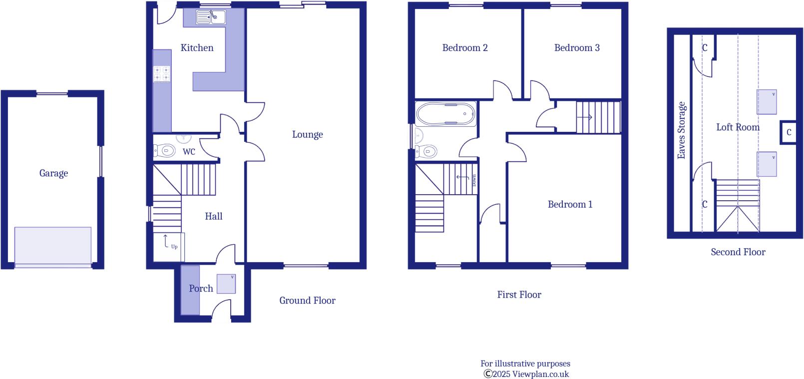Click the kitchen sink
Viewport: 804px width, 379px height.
[x=210, y=18]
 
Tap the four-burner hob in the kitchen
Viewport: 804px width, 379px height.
[x=161, y=74]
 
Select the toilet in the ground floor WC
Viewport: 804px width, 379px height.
[x=165, y=150]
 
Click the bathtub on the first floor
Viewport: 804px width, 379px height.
[x=445, y=114]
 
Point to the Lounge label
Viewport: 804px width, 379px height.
[x=307, y=134]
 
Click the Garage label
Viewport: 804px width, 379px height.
[x=53, y=173]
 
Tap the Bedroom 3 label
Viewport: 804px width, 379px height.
[x=577, y=48]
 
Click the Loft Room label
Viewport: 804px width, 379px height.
[x=738, y=127]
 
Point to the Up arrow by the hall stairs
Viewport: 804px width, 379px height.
[x=167, y=242]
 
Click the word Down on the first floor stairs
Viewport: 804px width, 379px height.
[x=474, y=180]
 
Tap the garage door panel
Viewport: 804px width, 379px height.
[x=53, y=247]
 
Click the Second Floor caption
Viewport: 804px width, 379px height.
[x=738, y=252]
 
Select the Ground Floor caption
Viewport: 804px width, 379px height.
[x=307, y=301]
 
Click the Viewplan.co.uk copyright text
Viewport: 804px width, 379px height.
[x=526, y=374]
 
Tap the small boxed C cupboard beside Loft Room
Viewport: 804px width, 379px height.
[x=789, y=132]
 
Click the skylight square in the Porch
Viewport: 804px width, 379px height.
[x=226, y=284]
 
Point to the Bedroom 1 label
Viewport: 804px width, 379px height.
[x=570, y=204]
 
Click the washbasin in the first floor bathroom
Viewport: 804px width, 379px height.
[x=418, y=135]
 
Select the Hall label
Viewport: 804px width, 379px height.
[x=213, y=216]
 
